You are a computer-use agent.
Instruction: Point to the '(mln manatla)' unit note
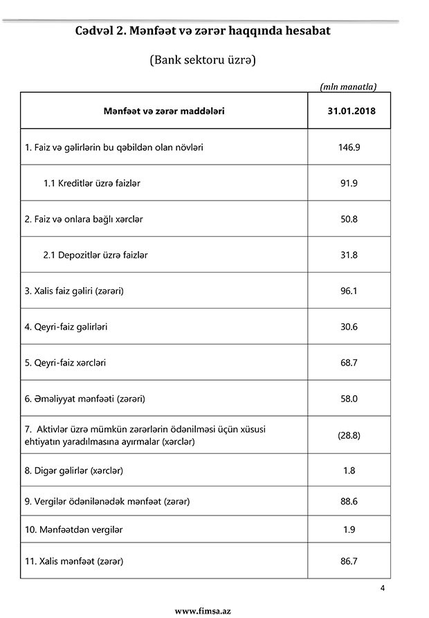(x=348, y=87)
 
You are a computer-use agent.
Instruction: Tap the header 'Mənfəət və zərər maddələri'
(x=164, y=111)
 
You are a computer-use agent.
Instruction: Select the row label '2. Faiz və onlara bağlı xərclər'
(x=84, y=219)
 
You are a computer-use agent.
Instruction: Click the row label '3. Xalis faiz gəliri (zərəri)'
(x=74, y=291)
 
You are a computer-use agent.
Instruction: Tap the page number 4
(x=382, y=588)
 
